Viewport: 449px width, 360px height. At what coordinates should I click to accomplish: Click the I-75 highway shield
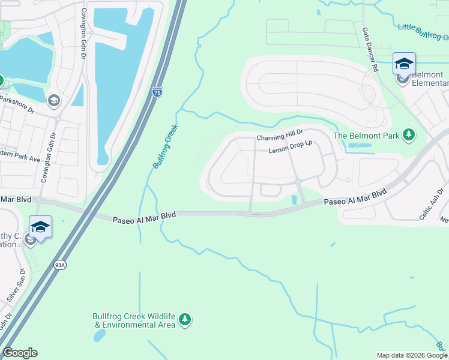coord(157,92)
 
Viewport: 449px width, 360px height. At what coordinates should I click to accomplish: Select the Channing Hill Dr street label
coord(280,138)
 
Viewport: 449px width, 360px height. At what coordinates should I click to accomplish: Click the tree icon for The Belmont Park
coord(409,135)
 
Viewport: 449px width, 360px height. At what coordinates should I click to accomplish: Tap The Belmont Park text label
coord(366,136)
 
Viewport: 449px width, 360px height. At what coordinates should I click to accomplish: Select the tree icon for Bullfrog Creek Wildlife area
coord(185,320)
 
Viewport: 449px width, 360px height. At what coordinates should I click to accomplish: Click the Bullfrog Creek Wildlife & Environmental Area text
coord(134,320)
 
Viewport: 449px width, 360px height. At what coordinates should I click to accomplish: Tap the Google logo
coord(20,353)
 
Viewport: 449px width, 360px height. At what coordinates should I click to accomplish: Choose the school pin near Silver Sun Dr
coord(40,227)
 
